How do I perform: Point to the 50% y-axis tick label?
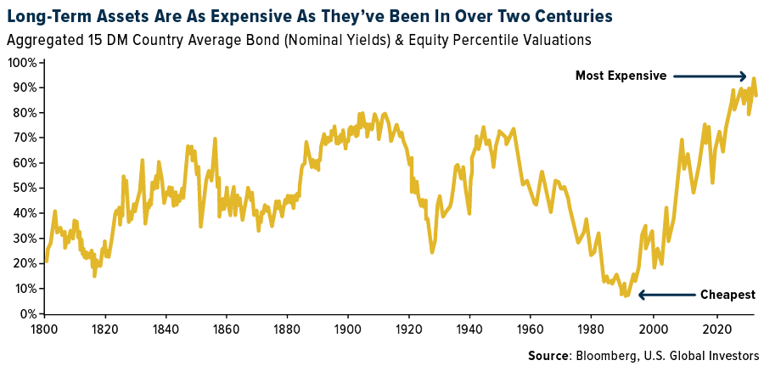23,189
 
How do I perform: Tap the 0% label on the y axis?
26,314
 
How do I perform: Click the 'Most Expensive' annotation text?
621,76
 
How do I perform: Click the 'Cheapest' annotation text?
727,295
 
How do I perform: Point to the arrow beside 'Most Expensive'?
711,76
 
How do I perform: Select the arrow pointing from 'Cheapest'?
666,295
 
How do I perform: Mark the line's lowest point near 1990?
624,296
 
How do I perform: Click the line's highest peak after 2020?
753,79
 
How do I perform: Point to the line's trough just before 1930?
432,251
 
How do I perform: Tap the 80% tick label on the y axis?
23,113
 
